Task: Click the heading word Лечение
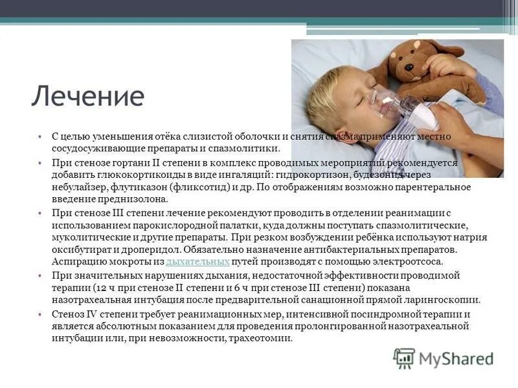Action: click(87, 96)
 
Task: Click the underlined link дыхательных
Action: click(198, 262)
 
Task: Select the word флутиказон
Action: click(132, 188)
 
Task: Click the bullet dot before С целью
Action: click(40, 137)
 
